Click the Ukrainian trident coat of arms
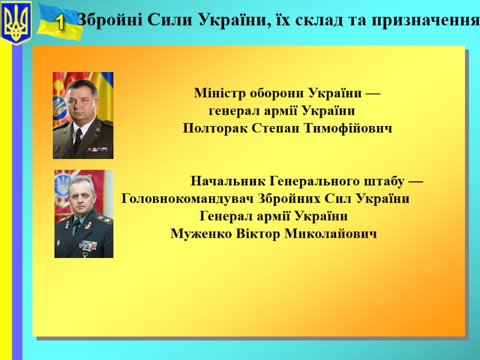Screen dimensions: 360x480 pyautogui.click(x=17, y=23)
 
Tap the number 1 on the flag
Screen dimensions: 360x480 pyautogui.click(x=61, y=23)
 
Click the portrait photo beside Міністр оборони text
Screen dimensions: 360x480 pyautogui.click(x=83, y=115)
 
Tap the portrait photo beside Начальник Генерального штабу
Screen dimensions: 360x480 pyautogui.click(x=84, y=214)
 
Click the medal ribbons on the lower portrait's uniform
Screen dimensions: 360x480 pyautogui.click(x=88, y=245)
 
